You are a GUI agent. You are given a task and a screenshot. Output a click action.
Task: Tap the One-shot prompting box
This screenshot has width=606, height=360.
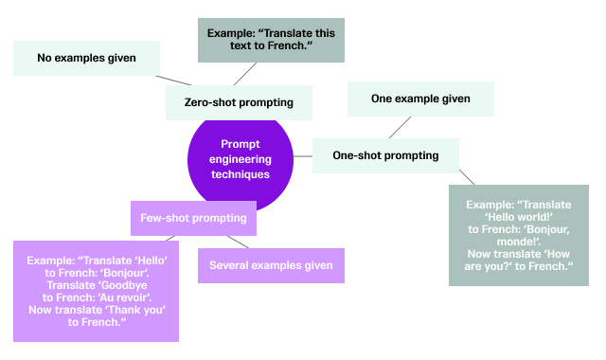(386, 155)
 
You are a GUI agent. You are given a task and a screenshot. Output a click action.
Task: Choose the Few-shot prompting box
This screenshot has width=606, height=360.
(193, 218)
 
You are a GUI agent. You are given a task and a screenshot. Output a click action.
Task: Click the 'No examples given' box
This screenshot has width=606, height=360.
(86, 59)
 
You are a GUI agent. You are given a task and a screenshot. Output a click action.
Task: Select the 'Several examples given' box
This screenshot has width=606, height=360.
(271, 265)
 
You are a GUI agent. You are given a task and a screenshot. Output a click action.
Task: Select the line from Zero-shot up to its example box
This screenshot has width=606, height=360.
(246, 74)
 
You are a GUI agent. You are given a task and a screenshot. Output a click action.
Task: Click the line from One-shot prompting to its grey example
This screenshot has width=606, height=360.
(466, 177)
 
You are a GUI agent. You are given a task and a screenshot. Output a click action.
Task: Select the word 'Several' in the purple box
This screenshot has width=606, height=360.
(230, 265)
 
